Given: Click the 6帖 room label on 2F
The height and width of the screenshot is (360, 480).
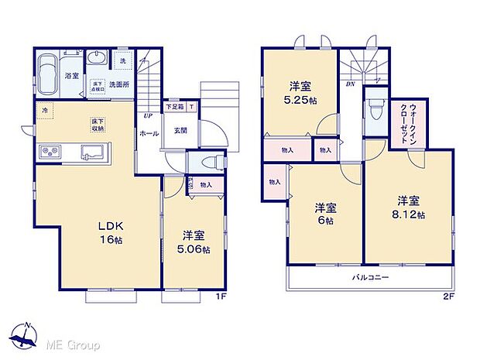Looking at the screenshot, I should (x=325, y=214).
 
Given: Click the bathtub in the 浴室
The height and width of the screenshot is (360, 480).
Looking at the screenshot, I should (x=46, y=73).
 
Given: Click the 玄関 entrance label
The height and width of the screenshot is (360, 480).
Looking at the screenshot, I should (x=179, y=131).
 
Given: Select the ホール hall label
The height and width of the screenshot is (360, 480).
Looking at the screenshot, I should (x=149, y=134).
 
